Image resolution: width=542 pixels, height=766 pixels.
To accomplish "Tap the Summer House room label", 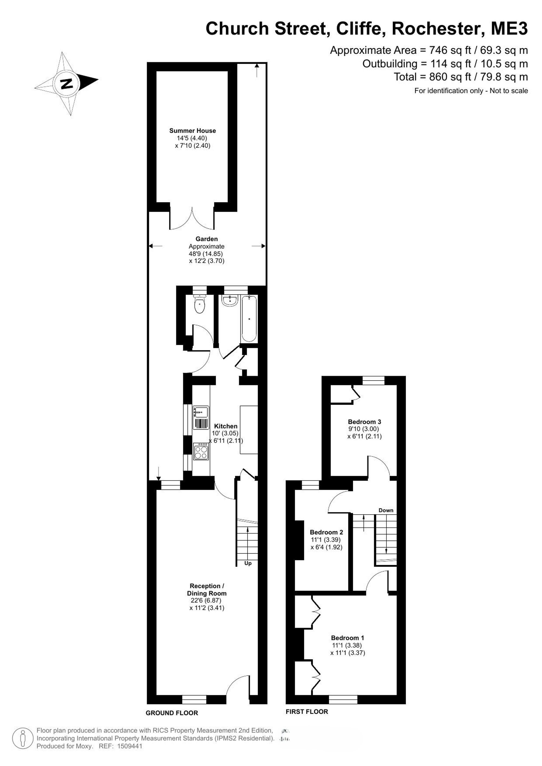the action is coord(193,131).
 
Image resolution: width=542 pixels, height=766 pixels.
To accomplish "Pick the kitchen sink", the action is coord(201,417).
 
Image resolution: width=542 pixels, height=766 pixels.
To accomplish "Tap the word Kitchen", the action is coord(226,426).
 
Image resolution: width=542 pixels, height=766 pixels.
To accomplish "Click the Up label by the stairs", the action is coord(248,563).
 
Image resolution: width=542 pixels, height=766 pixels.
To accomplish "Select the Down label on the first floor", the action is coord(386,510).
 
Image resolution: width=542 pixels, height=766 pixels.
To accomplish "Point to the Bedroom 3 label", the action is coord(364,422).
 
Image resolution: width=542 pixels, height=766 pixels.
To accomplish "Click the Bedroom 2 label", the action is coord(326,532).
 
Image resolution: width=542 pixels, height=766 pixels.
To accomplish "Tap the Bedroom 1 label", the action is coord(347,638).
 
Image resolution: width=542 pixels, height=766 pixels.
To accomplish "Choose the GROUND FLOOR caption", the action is coord(172,713).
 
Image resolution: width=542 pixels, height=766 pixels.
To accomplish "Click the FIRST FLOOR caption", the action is coord(307,712).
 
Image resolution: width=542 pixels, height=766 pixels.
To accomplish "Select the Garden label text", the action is coord(207,239).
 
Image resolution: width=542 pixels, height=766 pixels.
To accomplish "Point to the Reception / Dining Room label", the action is coord(207,589).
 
